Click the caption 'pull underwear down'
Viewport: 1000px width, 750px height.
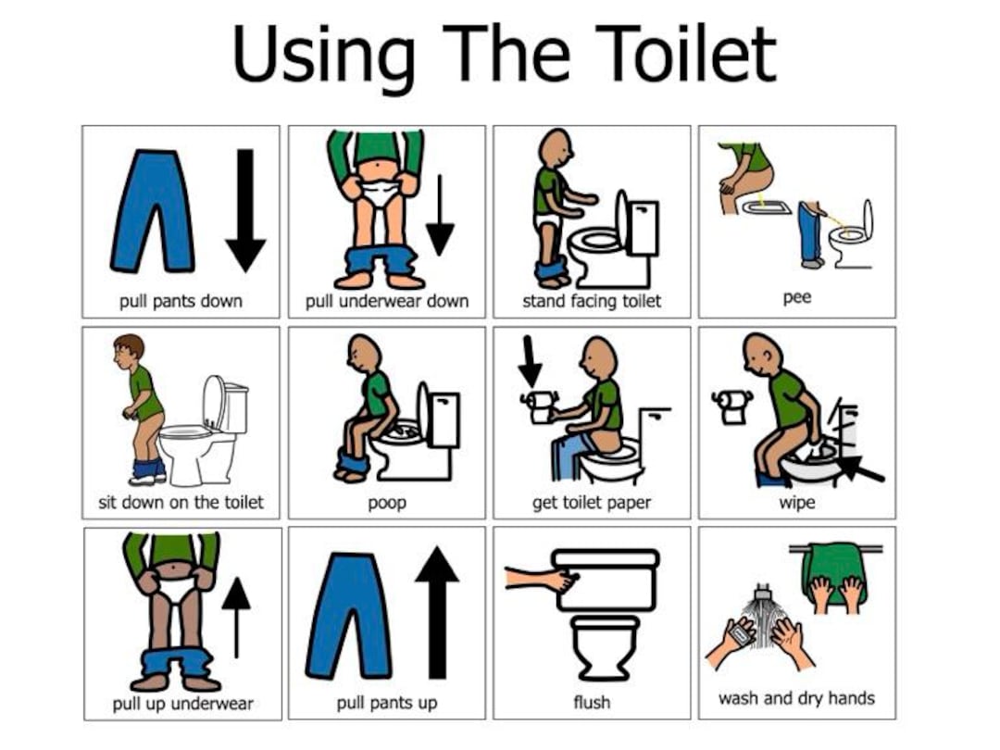(387, 301)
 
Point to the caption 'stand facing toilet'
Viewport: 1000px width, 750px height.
(592, 301)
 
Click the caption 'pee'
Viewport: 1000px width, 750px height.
(796, 298)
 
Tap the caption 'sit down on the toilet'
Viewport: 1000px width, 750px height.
(181, 503)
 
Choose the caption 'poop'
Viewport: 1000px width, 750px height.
(387, 503)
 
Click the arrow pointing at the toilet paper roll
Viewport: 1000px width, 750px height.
(530, 362)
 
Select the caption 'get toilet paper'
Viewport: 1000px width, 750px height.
(592, 503)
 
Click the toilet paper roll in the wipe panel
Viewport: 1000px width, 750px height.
(731, 406)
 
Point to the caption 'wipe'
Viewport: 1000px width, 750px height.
(796, 503)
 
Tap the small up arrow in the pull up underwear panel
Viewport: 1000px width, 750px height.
(236, 615)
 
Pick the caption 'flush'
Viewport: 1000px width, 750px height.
(592, 703)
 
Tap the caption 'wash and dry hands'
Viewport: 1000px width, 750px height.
(796, 698)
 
